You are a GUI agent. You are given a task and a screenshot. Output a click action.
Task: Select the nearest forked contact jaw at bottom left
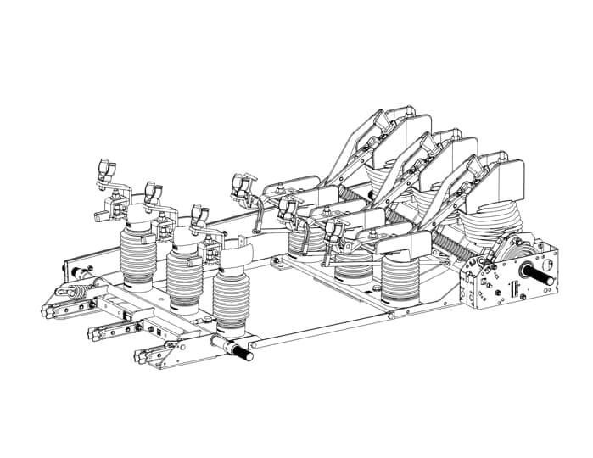(x=152, y=357)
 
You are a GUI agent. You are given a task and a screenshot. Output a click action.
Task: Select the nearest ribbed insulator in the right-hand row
(x=400, y=280)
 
